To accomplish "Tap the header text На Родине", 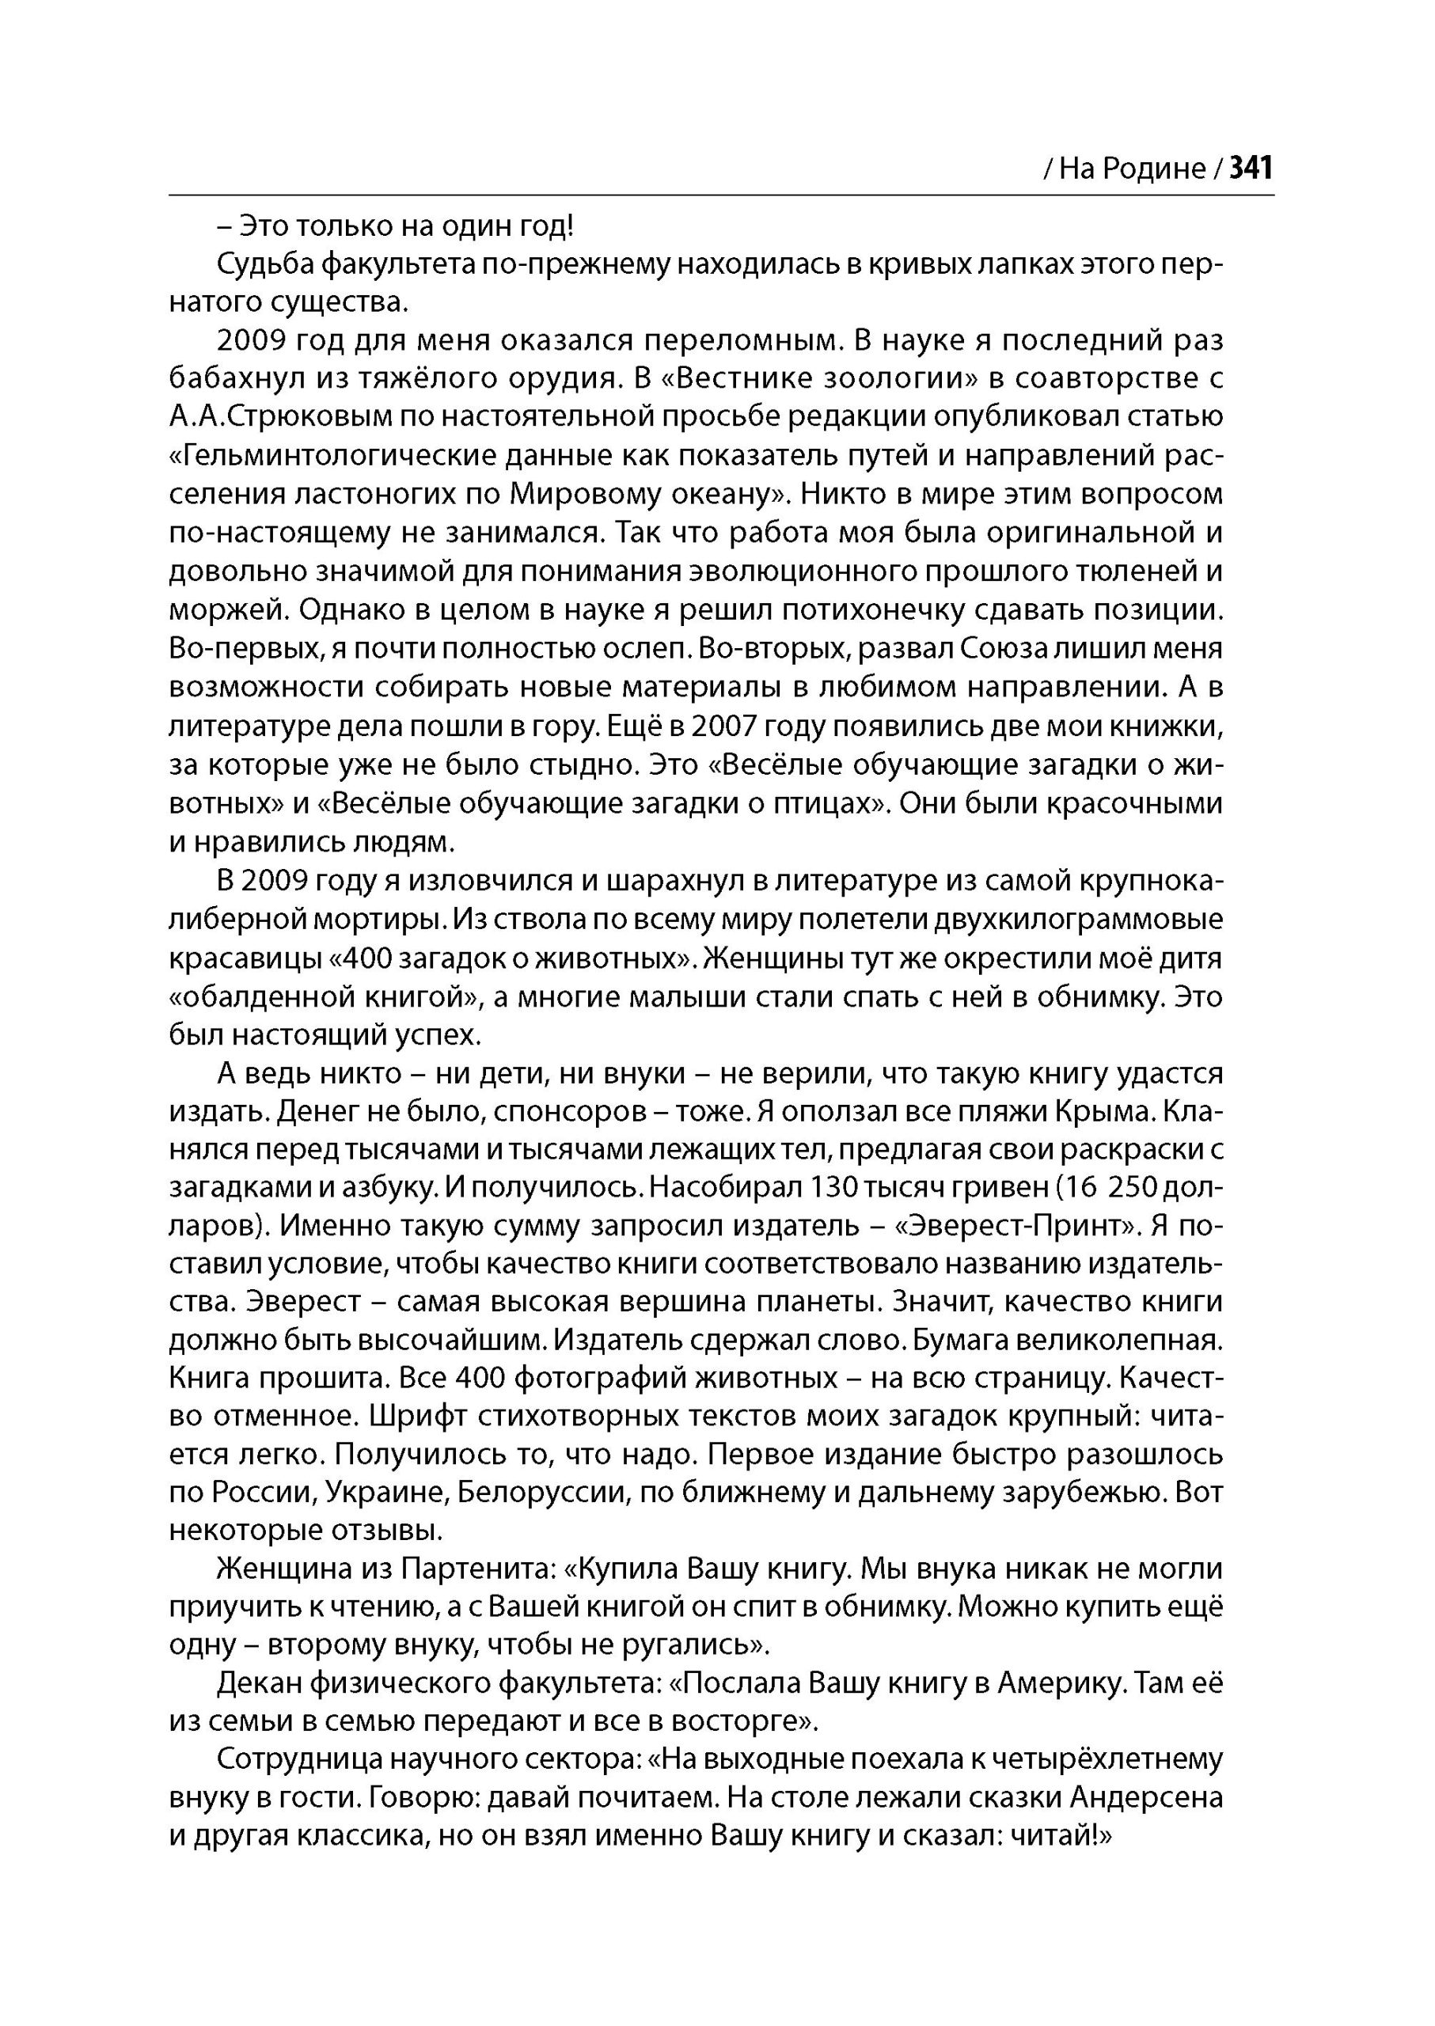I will pyautogui.click(x=1132, y=169).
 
